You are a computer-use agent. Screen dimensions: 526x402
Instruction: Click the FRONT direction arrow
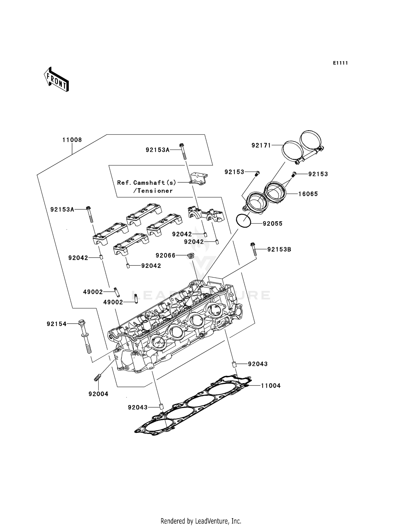pyautogui.click(x=57, y=79)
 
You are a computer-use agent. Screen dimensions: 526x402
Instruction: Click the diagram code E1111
pyautogui.click(x=340, y=63)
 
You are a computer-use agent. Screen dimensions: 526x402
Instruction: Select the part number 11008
pyautogui.click(x=72, y=140)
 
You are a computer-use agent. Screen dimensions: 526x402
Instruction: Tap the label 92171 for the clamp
pyautogui.click(x=261, y=145)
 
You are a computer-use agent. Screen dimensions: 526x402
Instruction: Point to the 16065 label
pyautogui.click(x=308, y=194)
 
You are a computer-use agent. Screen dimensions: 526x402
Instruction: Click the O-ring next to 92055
pyautogui.click(x=243, y=221)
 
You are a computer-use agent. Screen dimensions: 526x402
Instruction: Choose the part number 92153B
pyautogui.click(x=279, y=249)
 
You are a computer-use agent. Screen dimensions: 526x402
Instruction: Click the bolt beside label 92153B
pyautogui.click(x=253, y=249)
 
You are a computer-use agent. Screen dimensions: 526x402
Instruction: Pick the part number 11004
pyautogui.click(x=271, y=386)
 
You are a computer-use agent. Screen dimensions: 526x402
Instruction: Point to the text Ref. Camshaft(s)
pyautogui.click(x=147, y=183)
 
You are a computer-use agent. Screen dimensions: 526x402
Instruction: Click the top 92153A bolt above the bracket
pyautogui.click(x=183, y=151)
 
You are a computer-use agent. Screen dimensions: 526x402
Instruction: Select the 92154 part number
pyautogui.click(x=56, y=324)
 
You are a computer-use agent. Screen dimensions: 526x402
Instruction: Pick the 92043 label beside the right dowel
pyautogui.click(x=258, y=364)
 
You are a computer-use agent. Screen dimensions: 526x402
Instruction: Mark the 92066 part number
pyautogui.click(x=165, y=255)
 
